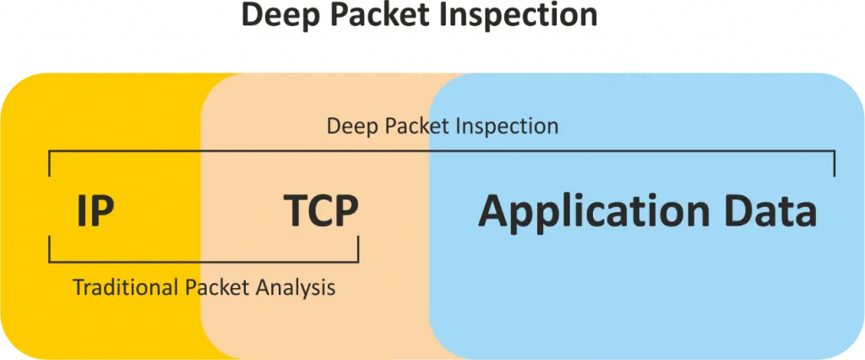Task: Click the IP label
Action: [95, 211]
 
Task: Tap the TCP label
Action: [321, 211]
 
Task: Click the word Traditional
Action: [126, 288]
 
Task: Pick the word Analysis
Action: [296, 288]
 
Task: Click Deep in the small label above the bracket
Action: [350, 127]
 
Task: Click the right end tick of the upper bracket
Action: [835, 164]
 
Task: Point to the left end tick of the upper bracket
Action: [50, 164]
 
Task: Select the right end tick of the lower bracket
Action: [358, 248]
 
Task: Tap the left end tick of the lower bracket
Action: [50, 248]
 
